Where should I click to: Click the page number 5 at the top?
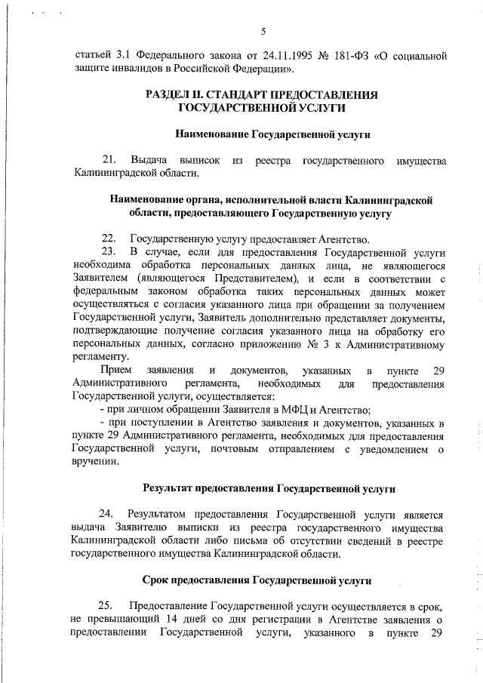pos(263,31)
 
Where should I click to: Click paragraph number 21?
pos(109,161)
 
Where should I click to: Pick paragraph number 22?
pos(109,238)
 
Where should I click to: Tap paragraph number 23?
pos(109,251)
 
